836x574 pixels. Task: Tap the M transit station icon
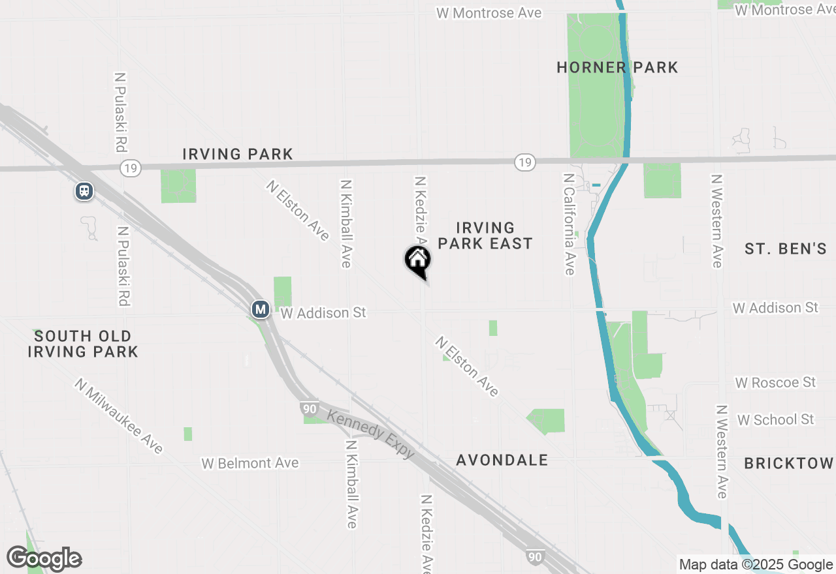[x=261, y=309]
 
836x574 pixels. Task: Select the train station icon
[x=84, y=191]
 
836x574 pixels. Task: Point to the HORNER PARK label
[x=617, y=67]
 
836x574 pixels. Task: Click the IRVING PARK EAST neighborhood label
[x=485, y=235]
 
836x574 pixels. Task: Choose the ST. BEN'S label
[x=786, y=249]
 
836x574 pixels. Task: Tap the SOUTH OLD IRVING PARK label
[x=83, y=344]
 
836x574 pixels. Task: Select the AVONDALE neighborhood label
[x=502, y=460]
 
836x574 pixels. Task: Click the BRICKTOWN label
[x=789, y=463]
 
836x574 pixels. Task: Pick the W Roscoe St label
[x=775, y=382]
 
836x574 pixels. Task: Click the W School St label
[x=775, y=419]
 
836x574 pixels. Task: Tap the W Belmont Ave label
[x=250, y=463]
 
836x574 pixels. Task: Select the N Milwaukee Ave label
[x=118, y=415]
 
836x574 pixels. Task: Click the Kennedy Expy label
[x=371, y=434]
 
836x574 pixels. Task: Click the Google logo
[x=44, y=559]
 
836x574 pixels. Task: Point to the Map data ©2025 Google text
[x=756, y=565]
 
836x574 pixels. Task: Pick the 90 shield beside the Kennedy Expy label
[x=310, y=410]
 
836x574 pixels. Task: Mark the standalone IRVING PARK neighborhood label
[x=238, y=154]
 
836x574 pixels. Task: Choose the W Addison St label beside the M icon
[x=323, y=313]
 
